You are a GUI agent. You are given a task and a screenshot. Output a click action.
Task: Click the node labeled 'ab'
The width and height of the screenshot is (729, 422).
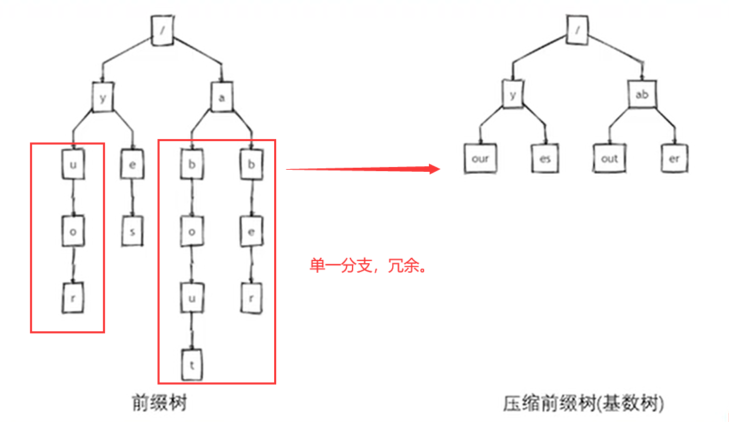pos(642,95)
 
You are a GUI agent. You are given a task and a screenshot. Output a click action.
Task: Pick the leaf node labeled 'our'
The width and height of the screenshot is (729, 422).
pos(480,159)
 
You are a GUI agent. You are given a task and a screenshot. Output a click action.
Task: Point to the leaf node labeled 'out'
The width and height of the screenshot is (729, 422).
pos(609,159)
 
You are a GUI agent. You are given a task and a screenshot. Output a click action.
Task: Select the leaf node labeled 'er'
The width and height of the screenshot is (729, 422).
pos(674,159)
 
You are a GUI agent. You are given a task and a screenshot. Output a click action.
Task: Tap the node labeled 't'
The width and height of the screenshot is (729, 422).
pos(192,365)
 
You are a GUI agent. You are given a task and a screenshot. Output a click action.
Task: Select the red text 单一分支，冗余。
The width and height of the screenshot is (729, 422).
pos(368,266)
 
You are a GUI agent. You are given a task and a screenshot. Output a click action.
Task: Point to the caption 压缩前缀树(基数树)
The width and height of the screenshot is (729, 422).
pos(583,404)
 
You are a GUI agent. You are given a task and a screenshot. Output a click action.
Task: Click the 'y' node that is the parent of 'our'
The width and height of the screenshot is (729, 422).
pos(513,95)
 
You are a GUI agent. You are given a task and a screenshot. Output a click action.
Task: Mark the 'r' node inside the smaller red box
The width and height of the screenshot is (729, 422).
pos(72,299)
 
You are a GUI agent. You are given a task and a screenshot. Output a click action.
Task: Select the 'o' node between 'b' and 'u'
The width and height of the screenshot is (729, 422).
pos(192,232)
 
